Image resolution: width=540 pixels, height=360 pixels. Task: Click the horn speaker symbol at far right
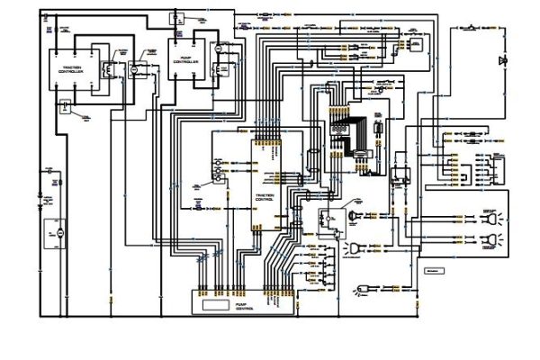click(502, 60)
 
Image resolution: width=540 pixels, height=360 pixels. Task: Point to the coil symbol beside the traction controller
click(106, 67)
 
